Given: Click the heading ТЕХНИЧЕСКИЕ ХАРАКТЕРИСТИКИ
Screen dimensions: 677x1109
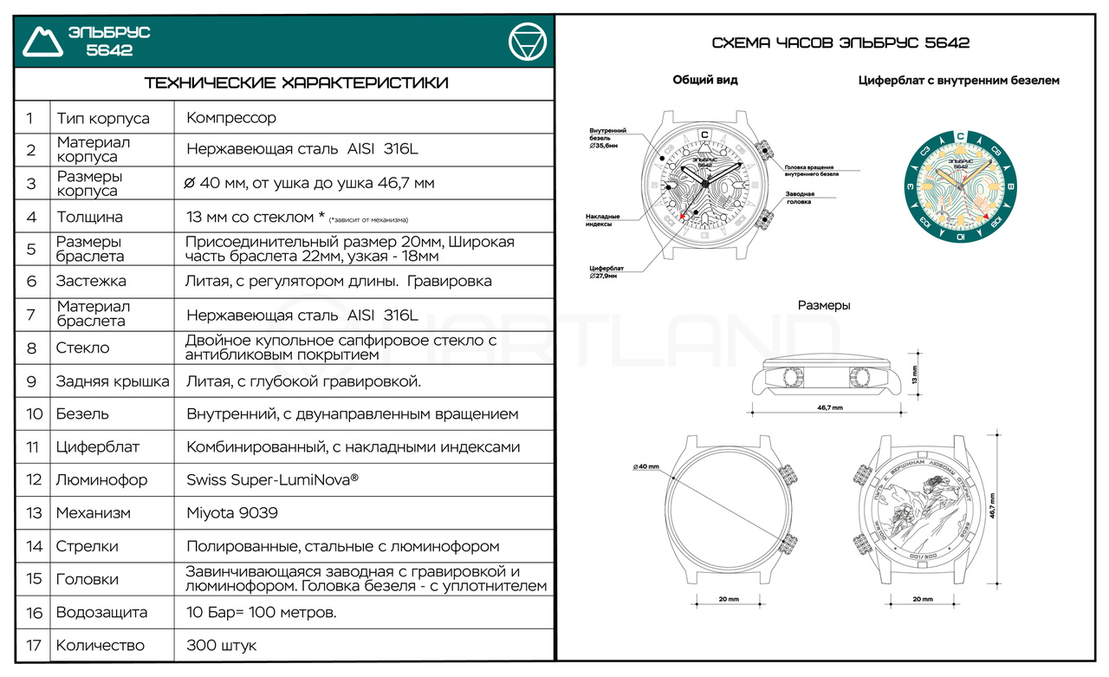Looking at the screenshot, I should [295, 83].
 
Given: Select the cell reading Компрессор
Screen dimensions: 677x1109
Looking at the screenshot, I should [231, 118].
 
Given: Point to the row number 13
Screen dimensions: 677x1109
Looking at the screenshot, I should [34, 513].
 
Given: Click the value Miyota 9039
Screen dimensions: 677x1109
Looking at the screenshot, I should [232, 513].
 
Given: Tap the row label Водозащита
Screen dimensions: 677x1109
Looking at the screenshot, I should [101, 613].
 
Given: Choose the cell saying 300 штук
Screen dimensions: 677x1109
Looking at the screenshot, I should [222, 646].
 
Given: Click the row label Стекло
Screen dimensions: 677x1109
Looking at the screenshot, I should [82, 348].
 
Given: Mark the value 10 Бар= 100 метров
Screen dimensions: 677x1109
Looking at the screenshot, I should [262, 613].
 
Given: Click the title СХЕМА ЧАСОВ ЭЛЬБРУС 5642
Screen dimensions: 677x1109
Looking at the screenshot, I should [840, 42].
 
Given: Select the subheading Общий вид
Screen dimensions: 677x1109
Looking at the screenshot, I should [705, 80].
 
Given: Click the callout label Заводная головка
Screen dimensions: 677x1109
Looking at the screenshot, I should [805, 198].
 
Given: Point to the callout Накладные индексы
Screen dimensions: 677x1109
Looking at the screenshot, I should [603, 220].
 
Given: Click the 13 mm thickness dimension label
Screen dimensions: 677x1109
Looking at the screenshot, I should [916, 375].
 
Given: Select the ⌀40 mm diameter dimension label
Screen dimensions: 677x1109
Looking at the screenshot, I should [646, 467].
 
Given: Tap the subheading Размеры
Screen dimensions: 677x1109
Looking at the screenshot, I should [824, 305].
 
